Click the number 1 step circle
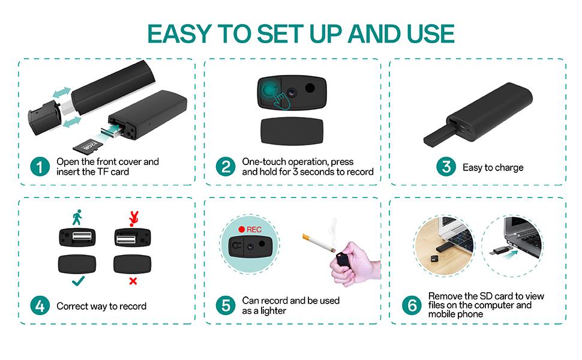(40, 167)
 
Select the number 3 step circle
(445, 167)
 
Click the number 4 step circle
(40, 306)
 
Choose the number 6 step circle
(412, 305)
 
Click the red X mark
(133, 281)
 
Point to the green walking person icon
(77, 217)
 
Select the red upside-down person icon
(133, 217)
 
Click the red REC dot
(242, 229)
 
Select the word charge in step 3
(508, 167)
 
